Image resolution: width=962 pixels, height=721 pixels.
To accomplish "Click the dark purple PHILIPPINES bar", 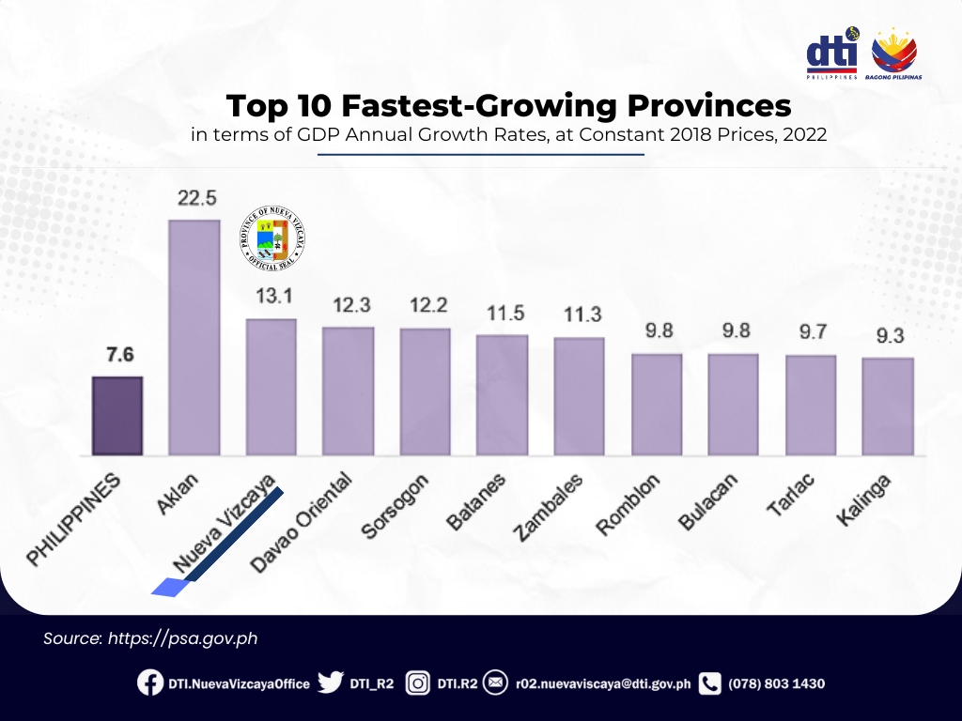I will (117, 416).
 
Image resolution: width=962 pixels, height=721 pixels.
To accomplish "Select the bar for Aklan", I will (194, 338).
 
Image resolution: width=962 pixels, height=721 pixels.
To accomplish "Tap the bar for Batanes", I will (502, 395).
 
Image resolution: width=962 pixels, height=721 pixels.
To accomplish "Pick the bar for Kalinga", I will (888, 407).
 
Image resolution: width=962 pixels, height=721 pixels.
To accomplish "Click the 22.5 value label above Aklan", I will (194, 199).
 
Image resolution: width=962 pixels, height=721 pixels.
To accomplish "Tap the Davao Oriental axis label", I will (303, 521).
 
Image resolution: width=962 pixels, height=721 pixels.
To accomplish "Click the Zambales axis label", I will (549, 507).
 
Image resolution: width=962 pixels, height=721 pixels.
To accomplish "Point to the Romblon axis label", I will (628, 505).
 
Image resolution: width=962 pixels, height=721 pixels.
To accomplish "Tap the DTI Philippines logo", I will (832, 54).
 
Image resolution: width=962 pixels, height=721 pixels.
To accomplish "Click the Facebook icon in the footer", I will (149, 683).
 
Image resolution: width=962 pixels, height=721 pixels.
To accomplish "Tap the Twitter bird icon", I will (329, 683).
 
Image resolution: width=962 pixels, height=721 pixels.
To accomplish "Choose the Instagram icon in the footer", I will (418, 683).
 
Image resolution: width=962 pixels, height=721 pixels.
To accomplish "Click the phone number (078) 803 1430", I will (776, 683).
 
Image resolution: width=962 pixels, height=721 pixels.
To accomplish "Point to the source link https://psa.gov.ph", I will (182, 638).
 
